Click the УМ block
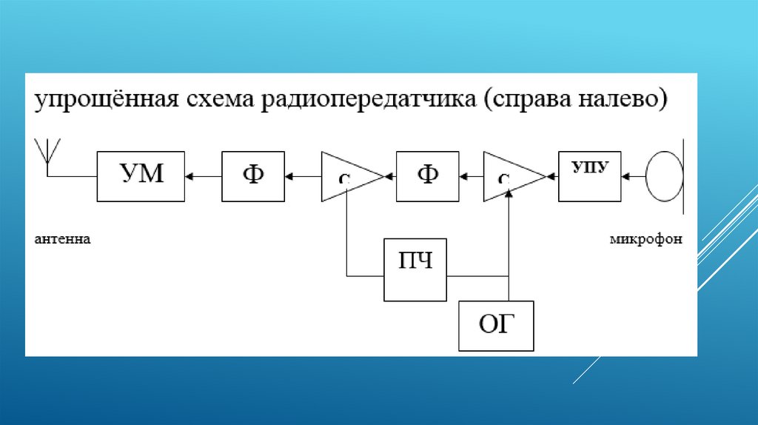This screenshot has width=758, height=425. (141, 176)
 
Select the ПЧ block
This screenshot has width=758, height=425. (415, 270)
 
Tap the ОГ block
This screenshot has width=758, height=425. (495, 326)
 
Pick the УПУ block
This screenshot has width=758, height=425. (590, 176)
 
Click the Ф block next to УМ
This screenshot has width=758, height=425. (253, 176)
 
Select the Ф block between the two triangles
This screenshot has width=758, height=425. (427, 176)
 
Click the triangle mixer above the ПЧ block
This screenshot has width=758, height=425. (348, 176)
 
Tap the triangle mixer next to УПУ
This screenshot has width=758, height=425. (511, 176)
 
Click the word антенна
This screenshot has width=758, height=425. (62, 239)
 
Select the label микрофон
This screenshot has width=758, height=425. (646, 239)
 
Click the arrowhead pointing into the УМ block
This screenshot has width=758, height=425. (189, 176)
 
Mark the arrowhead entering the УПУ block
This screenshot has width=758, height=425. (626, 176)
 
